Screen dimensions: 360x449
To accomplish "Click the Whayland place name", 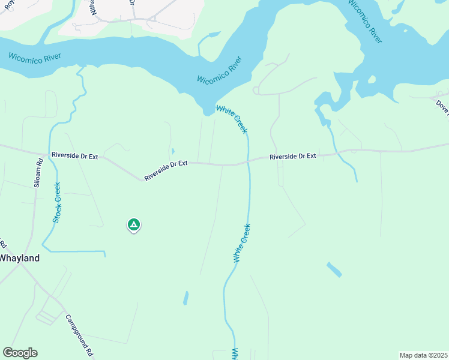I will point(19,258).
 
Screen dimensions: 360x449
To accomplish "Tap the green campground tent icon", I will point(133,225).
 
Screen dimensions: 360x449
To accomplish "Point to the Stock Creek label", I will point(57,203).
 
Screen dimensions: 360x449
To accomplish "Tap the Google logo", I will point(20,353).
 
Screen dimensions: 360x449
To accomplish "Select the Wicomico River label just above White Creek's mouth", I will point(220,71).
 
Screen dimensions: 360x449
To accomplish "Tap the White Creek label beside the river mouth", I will point(232,119).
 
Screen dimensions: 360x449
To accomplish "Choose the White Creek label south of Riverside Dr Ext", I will point(241,243).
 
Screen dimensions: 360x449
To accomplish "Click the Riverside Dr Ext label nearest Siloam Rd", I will point(74,155).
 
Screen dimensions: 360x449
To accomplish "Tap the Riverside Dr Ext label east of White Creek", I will point(292,156).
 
